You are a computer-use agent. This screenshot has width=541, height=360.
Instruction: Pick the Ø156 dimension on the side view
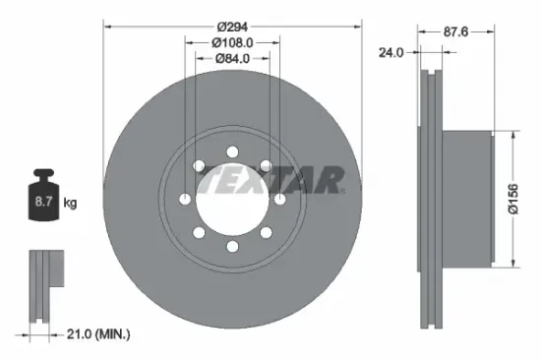click(x=526, y=201)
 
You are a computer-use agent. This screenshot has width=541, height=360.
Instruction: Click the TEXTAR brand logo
click(x=270, y=181)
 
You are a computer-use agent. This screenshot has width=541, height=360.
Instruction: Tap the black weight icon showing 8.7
click(x=44, y=200)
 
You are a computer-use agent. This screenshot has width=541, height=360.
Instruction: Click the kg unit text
click(x=71, y=204)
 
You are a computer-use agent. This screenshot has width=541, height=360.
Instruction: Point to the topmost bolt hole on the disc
click(x=232, y=151)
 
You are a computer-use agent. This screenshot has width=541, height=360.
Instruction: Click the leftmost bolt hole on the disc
click(x=185, y=200)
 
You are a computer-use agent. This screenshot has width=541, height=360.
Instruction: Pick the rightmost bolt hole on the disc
click(x=280, y=200)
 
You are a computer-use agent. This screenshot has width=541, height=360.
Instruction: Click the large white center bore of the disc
click(x=232, y=200)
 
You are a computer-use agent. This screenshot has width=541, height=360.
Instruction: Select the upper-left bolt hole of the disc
click(x=199, y=166)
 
